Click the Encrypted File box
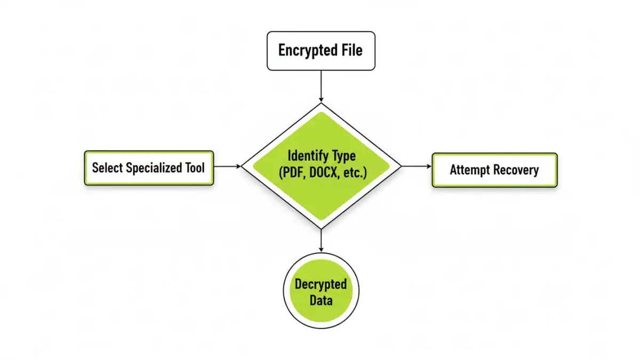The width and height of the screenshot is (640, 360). click(321, 51)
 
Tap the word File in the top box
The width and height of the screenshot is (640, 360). click(352, 51)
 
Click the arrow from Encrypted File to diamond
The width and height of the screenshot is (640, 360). click(321, 85)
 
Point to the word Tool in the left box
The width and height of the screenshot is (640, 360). click(195, 168)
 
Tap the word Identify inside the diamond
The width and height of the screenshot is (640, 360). click(306, 156)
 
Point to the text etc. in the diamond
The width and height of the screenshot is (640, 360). click(355, 173)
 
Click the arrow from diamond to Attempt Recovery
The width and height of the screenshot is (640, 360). click(416, 166)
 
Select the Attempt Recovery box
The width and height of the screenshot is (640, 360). click(494, 170)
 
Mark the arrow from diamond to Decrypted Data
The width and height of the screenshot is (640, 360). click(321, 240)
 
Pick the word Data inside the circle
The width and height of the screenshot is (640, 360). click(321, 300)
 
